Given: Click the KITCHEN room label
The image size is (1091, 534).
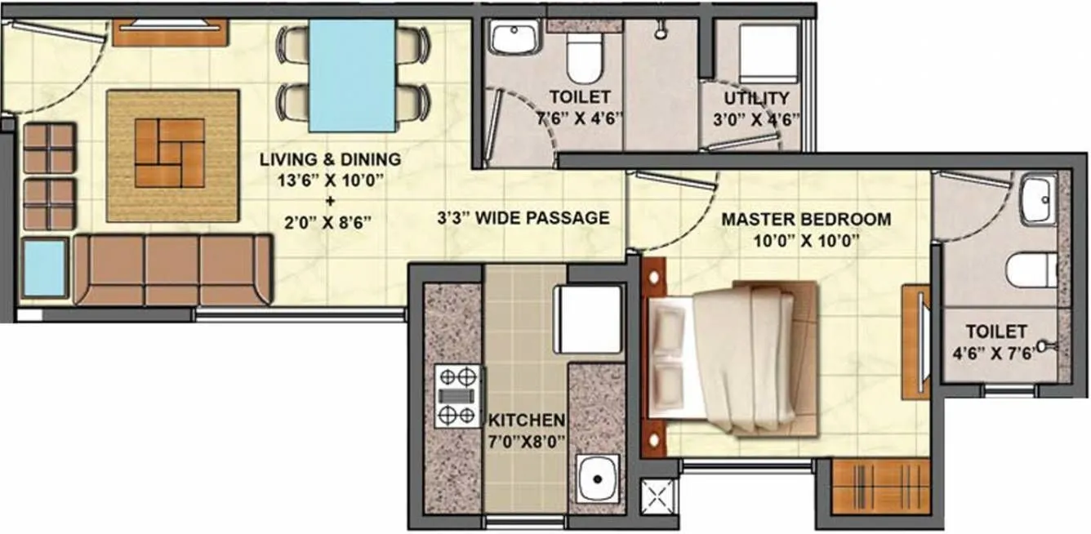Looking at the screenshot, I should [x=526, y=421].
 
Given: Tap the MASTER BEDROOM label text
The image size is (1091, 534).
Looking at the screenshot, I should [x=805, y=220].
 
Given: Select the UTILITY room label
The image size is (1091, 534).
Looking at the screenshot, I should [x=762, y=98].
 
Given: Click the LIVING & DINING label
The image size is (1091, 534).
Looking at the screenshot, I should [x=330, y=159].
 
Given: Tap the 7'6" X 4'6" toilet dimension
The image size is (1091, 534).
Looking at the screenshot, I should [x=579, y=116].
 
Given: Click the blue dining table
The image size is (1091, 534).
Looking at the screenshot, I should [x=353, y=75].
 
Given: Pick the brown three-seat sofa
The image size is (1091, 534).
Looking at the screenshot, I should [x=172, y=269].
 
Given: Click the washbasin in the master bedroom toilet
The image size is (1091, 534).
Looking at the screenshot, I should [x=1037, y=199].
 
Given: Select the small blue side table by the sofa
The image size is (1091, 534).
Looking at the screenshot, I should [x=44, y=267].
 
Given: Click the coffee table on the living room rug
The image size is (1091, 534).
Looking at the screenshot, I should [x=169, y=153].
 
